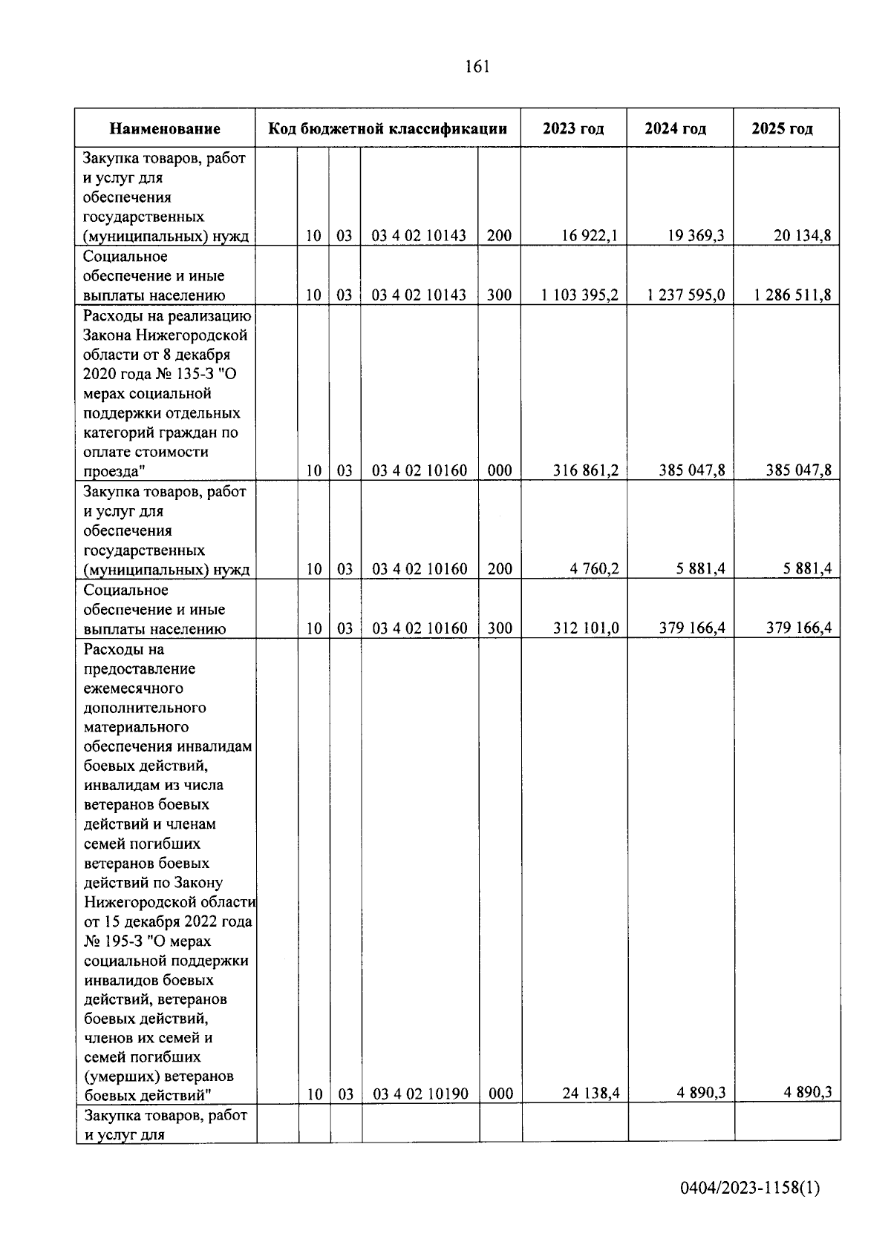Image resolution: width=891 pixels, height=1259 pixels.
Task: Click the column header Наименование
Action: pos(165,128)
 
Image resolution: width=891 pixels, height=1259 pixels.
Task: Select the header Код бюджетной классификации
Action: pos(388,128)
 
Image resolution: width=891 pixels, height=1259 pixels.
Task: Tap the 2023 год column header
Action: pos(573,128)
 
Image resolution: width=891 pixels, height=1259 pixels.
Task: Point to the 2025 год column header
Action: pos(782,128)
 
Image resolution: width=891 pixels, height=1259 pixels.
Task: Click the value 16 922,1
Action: pos(590,236)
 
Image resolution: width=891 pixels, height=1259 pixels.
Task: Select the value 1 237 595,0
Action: pos(685,295)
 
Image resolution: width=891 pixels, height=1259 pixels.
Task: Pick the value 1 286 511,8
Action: pos(792,295)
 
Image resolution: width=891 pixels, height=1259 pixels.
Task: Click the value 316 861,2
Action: pos(586,470)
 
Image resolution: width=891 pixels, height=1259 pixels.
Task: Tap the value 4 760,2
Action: pos(594,569)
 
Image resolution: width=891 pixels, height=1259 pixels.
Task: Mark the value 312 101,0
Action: pos(586,628)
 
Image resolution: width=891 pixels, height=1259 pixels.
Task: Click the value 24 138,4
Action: pos(590,1092)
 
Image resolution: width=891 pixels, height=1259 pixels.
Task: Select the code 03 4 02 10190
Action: pos(420,1093)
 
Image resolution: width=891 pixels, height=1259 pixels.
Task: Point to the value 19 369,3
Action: pos(695,236)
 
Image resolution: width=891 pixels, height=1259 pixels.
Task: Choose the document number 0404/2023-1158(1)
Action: pos(750,1188)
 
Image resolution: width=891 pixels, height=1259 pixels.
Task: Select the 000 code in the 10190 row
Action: pos(500,1093)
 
